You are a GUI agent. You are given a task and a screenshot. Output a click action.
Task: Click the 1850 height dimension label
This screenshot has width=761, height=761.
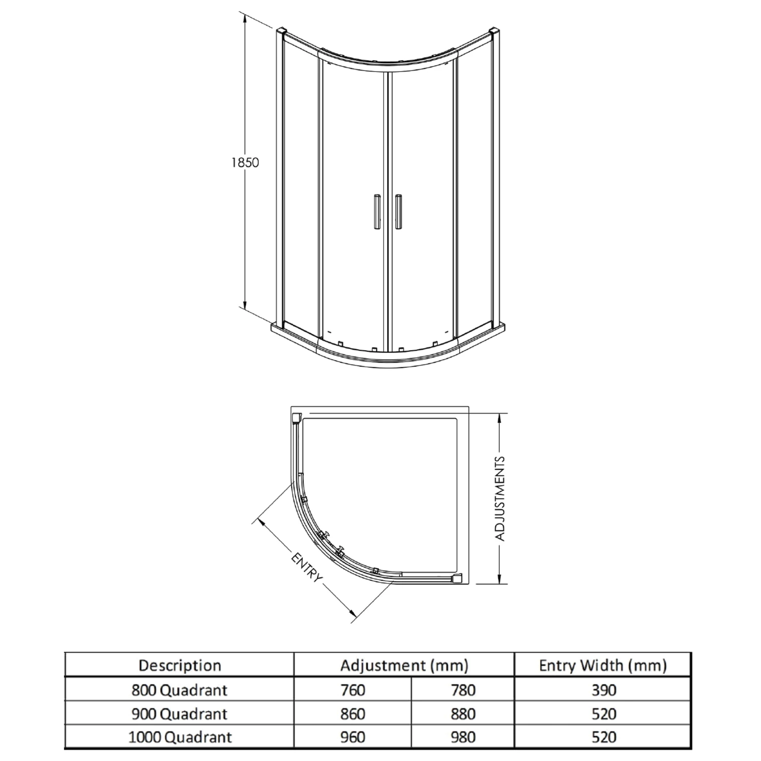coord(245,163)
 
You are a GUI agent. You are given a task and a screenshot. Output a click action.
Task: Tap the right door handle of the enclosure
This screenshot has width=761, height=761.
coord(398,212)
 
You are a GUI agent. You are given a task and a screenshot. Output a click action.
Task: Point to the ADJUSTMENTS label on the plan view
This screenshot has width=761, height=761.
coord(500,499)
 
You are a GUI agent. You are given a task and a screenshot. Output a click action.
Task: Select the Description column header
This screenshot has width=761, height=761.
coord(180,665)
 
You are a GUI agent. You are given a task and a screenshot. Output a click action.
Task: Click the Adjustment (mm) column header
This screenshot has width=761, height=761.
coord(404,665)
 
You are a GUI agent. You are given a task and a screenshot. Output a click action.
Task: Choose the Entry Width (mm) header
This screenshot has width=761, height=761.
coord(603,665)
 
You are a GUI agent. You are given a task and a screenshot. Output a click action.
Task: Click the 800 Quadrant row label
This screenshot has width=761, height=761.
coord(180,690)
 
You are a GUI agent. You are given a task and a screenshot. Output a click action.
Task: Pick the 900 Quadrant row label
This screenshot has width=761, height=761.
coord(180,714)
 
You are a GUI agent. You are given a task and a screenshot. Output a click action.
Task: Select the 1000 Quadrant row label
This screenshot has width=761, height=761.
coord(180,737)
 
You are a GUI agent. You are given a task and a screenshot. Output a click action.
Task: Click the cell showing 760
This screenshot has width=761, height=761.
coord(353,690)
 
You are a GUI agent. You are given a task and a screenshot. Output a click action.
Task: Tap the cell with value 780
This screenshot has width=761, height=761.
coord(463,690)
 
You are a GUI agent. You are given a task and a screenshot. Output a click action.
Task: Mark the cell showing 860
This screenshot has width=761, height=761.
coord(353,714)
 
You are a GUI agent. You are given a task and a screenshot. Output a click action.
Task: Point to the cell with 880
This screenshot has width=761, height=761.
coord(463,714)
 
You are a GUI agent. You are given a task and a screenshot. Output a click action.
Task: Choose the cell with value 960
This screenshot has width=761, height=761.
coord(353,737)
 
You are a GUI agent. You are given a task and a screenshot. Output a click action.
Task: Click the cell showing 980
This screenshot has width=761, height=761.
coord(463,737)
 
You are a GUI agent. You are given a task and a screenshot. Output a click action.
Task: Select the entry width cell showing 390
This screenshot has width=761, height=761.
coord(603,690)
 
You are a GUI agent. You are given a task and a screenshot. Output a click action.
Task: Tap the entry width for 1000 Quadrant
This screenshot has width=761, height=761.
coord(603,737)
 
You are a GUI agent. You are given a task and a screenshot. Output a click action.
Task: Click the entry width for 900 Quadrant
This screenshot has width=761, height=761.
coord(603,714)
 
